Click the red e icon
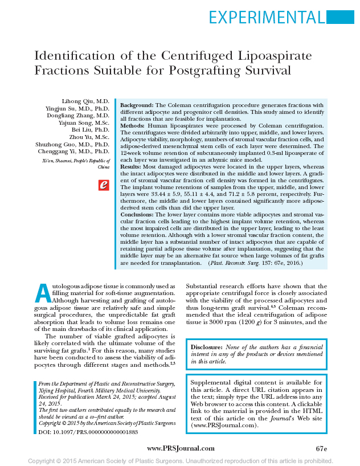click(x=104, y=185)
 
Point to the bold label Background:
click(x=137, y=105)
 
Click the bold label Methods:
click(x=134, y=125)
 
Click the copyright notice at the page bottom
click(x=180, y=460)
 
